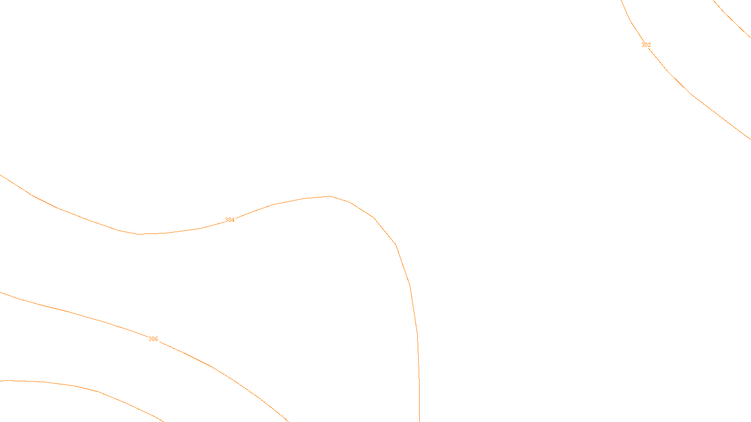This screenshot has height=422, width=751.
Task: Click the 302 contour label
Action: coord(646,45)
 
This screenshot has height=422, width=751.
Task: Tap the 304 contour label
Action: coord(230,220)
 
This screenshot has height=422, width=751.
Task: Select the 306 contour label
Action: coord(153,339)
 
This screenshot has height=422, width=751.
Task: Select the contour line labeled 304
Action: coord(396,244)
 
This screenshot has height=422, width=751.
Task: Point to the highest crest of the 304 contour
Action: coord(330,196)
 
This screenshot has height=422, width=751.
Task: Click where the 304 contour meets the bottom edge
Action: coord(419,421)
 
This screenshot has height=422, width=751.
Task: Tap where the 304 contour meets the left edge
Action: coord(1,175)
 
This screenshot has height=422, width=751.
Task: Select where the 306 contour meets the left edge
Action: coord(1,293)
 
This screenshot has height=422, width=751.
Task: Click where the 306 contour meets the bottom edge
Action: coord(287,421)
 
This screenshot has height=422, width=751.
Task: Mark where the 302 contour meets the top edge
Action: coord(621,1)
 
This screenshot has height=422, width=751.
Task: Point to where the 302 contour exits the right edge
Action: coord(750,139)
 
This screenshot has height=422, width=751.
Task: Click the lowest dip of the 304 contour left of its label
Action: coord(139,234)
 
